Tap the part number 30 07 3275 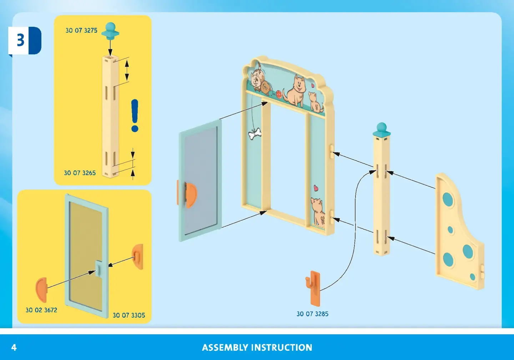point(81,31)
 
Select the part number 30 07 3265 point(80,173)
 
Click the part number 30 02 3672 point(41,310)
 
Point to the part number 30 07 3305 point(129,315)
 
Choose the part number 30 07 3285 point(312,314)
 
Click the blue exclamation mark point(135,115)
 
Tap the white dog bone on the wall point(255,134)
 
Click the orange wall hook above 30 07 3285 point(313,288)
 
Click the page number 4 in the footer point(14,347)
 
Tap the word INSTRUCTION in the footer point(282,347)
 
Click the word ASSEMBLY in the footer point(225,347)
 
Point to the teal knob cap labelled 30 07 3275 point(110,31)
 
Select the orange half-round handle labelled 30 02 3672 point(41,289)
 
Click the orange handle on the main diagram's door point(190,195)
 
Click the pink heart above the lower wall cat point(316,188)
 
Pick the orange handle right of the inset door point(138,256)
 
